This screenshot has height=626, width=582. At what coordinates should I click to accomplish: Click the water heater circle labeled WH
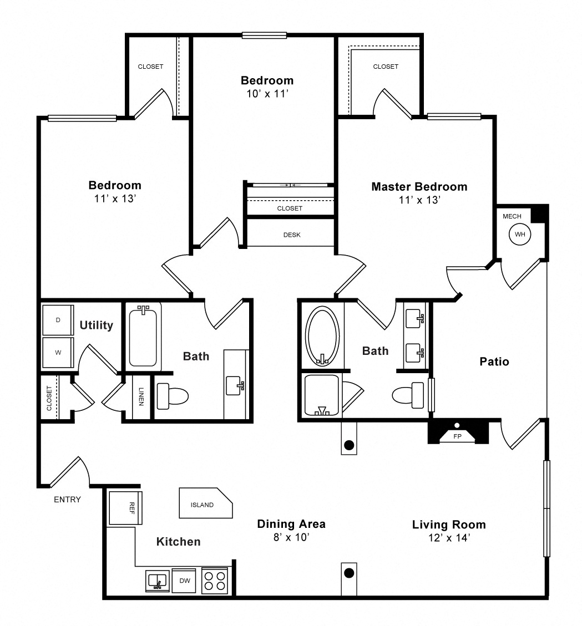point(520,235)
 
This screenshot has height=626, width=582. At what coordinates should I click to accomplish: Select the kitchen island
point(206,503)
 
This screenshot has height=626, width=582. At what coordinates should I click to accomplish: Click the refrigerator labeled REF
point(125,508)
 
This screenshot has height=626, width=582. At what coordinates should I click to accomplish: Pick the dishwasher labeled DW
point(184,581)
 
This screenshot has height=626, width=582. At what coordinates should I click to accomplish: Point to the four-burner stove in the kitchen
point(215,581)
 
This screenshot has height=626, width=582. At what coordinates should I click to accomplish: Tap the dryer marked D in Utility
point(58,320)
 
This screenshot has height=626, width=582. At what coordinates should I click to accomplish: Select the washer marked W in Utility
point(58,353)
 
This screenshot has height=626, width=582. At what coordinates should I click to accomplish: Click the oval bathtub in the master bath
point(322,336)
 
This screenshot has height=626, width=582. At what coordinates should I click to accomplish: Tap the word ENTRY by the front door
point(68,500)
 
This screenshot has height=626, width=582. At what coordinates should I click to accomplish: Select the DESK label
point(292,235)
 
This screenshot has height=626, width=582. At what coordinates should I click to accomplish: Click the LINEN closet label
point(141,396)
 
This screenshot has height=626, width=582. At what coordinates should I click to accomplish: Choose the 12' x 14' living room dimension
point(449,538)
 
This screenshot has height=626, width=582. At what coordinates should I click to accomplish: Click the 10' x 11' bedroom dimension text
point(267,94)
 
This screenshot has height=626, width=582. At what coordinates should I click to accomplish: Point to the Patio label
point(494,362)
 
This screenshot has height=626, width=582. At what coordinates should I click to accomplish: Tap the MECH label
point(512,216)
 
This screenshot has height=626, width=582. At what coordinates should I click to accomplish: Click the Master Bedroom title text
point(419,187)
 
